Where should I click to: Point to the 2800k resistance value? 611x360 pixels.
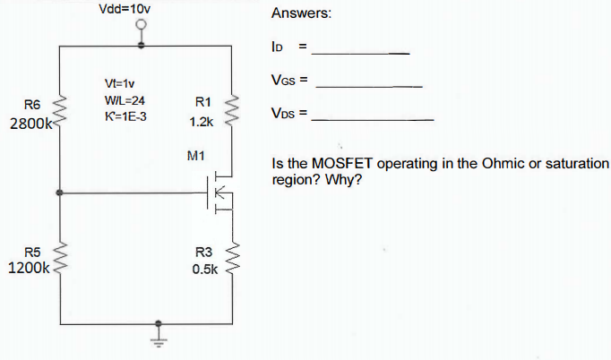[x=30, y=124]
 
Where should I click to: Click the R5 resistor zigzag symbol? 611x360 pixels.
[x=60, y=258]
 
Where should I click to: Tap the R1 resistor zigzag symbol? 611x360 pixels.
[x=235, y=112]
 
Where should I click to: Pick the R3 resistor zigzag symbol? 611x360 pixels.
[x=235, y=258]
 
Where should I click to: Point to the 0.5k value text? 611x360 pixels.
[x=202, y=268]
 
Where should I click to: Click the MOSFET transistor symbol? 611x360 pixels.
[x=219, y=193]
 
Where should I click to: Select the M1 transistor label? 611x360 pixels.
[x=198, y=155]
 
